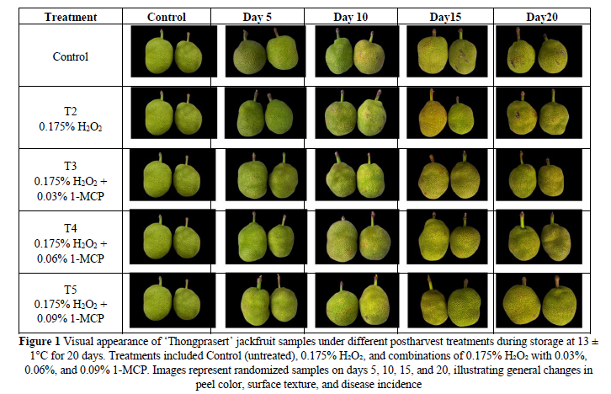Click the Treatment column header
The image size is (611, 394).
click(70, 16)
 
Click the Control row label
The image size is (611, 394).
click(70, 57)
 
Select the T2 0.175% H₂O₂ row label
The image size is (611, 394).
click(70, 120)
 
